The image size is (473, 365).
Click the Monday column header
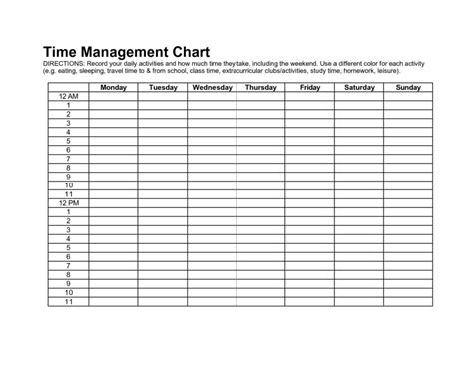click(113, 88)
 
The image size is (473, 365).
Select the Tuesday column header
click(162, 88)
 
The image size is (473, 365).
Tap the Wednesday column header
click(212, 88)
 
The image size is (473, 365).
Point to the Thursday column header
click(260, 88)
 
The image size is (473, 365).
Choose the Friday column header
click(309, 88)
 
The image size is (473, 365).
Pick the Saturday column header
click(358, 88)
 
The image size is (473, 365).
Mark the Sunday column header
click(407, 88)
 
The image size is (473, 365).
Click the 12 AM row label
click(68, 97)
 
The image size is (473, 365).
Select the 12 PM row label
click(68, 203)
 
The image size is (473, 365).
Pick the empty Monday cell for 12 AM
click(113, 97)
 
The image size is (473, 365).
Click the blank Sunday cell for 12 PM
click(407, 203)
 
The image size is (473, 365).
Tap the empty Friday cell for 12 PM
click(309, 203)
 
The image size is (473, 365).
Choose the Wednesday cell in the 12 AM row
click(212, 97)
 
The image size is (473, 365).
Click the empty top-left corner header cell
click(68, 88)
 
